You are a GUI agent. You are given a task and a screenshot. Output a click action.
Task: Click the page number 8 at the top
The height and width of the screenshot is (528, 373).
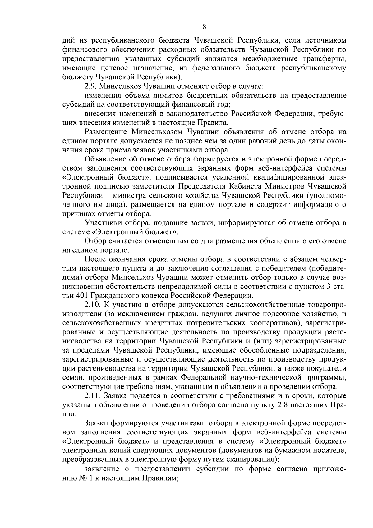coord(204,27)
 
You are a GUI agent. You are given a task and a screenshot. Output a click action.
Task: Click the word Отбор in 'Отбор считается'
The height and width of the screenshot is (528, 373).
coord(94,241)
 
